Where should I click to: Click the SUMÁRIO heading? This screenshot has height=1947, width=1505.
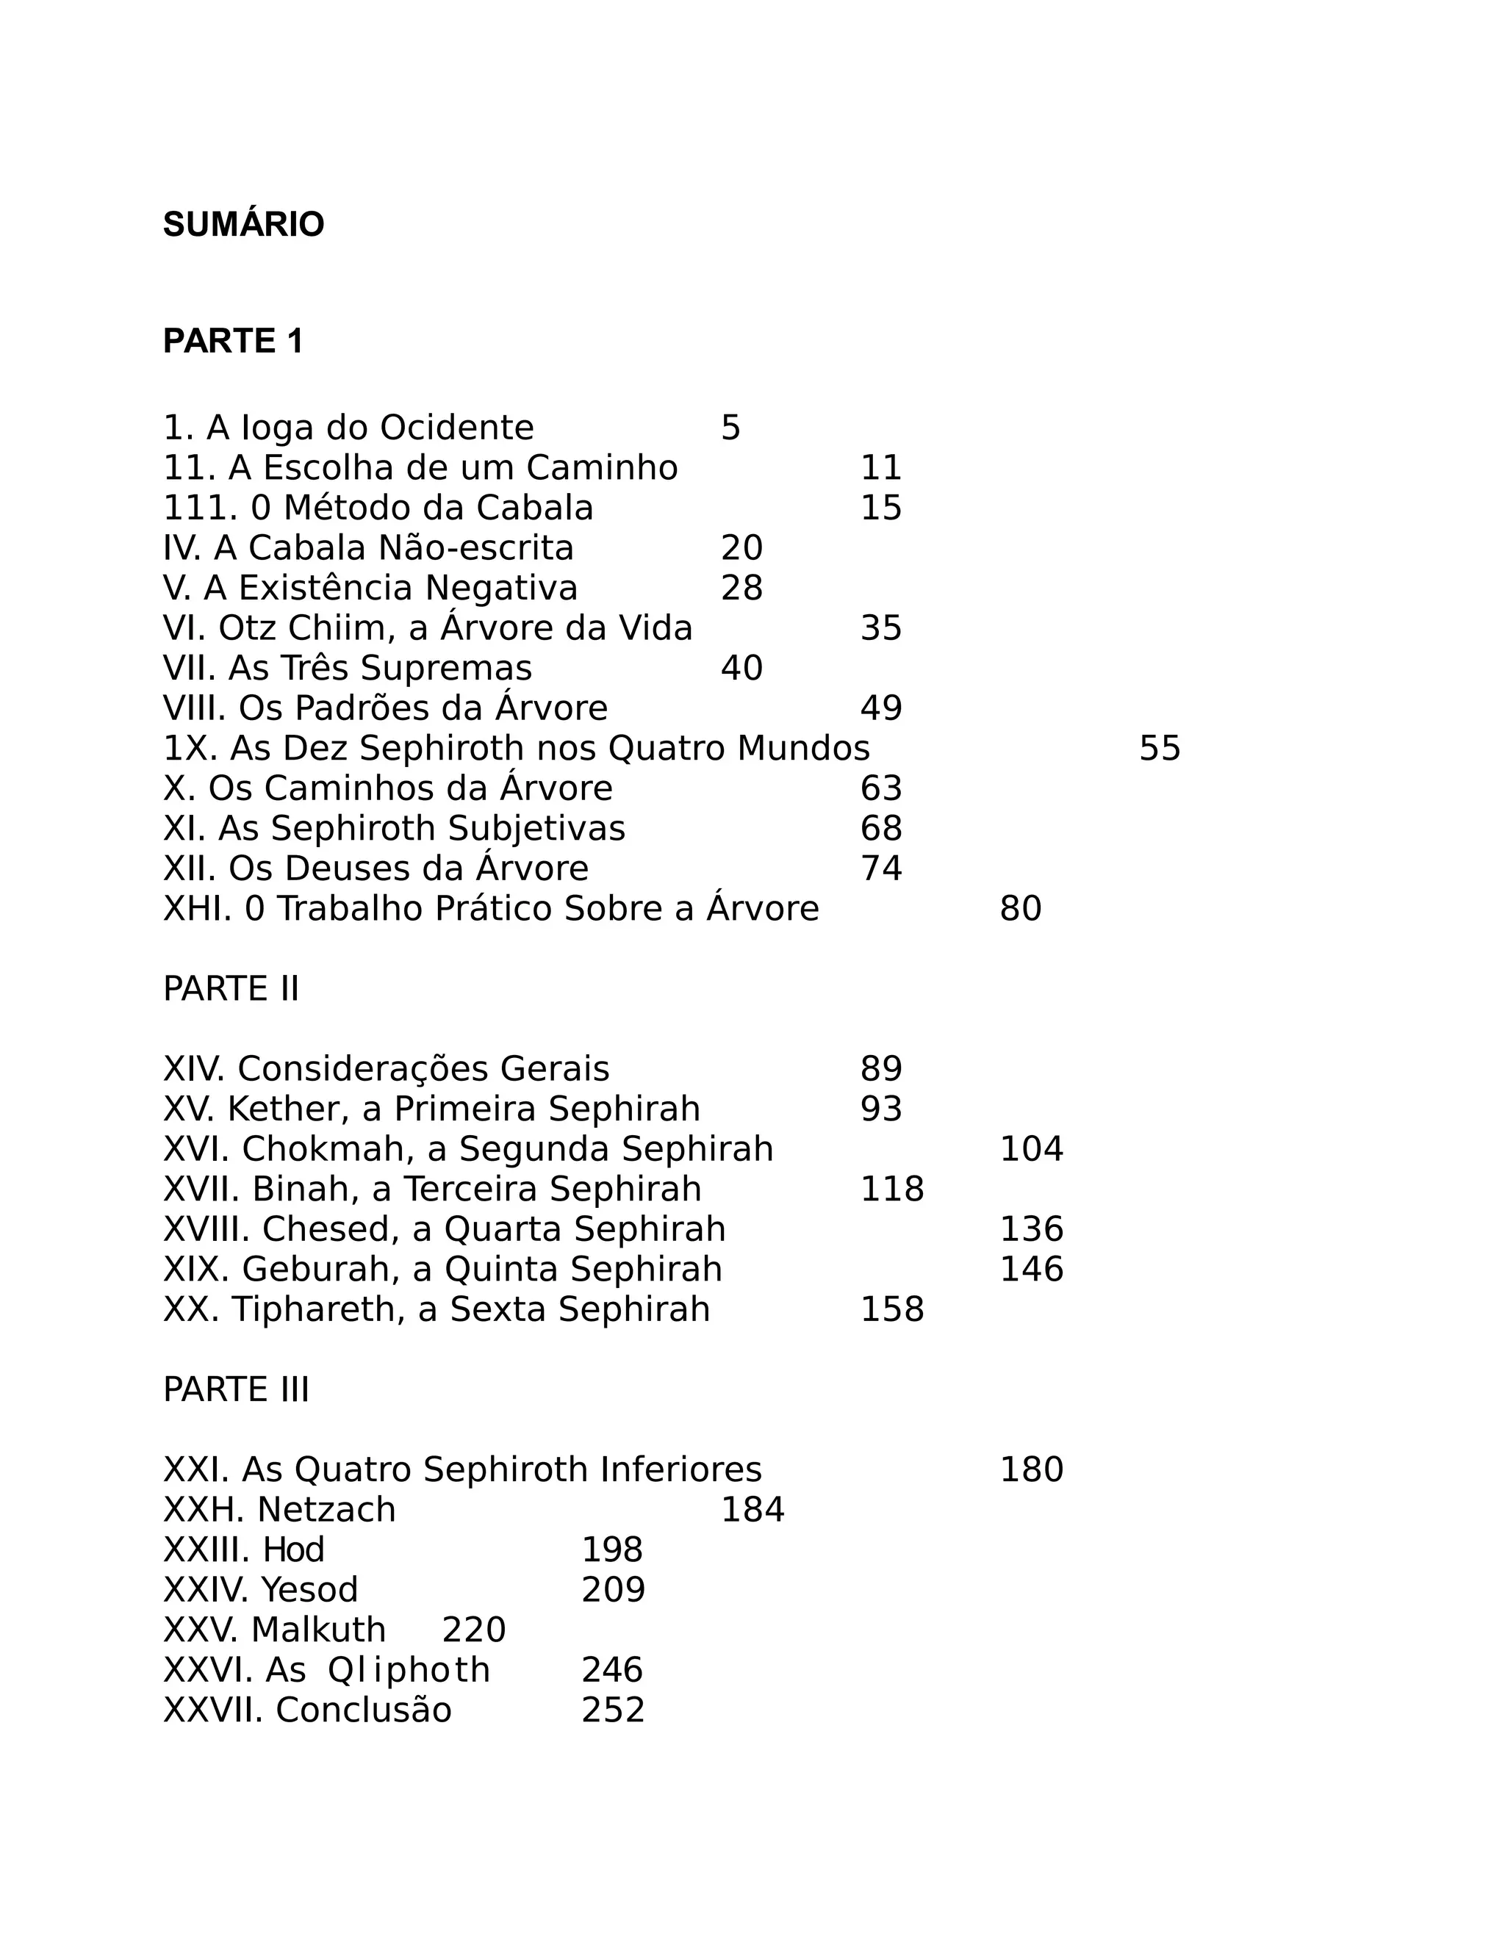pyautogui.click(x=243, y=225)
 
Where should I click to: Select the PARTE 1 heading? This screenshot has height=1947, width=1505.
pyautogui.click(x=233, y=342)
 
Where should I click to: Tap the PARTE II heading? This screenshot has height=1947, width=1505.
pyautogui.click(x=231, y=989)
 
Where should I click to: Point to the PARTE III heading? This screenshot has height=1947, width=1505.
pyautogui.click(x=237, y=1390)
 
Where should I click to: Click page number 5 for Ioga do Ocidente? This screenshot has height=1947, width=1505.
pyautogui.click(x=730, y=429)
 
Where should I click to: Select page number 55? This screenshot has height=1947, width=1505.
pyautogui.click(x=1159, y=749)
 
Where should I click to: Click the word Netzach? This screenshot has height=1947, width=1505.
pyautogui.click(x=326, y=1510)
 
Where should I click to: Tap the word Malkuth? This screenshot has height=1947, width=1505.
pyautogui.click(x=318, y=1630)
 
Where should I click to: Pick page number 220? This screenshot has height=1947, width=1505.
pyautogui.click(x=473, y=1630)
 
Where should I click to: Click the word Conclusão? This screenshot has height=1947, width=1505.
pyautogui.click(x=364, y=1710)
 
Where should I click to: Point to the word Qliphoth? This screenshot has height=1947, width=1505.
pyautogui.click(x=409, y=1671)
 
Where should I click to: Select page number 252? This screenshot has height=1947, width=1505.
pyautogui.click(x=613, y=1710)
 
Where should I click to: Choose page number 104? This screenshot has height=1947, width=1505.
pyautogui.click(x=1031, y=1149)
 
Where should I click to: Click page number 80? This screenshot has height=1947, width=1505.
pyautogui.click(x=1020, y=910)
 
